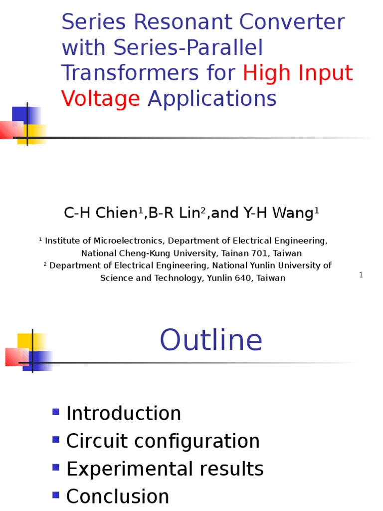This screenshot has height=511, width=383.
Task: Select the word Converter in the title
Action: [x=292, y=22]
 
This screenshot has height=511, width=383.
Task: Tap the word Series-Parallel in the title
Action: [x=188, y=48]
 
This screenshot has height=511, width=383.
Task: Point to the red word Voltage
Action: [x=100, y=99]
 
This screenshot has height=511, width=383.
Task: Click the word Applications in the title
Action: [x=212, y=99]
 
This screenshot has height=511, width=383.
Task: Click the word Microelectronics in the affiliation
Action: [x=129, y=241]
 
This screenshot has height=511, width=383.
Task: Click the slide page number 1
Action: [x=361, y=275]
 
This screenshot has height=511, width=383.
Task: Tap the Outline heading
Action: [x=211, y=340]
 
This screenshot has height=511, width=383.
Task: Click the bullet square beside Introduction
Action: [x=56, y=412]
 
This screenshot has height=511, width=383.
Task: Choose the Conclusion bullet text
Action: [x=118, y=497]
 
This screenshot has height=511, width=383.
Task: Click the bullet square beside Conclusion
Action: [x=56, y=495]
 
